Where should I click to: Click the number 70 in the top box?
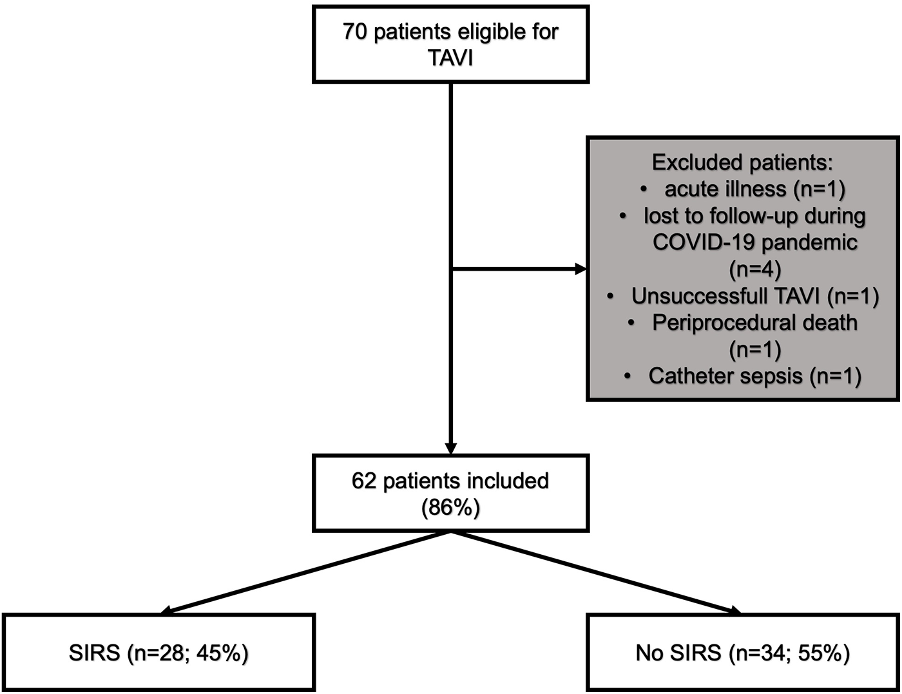tap(355, 32)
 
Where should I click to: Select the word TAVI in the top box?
tap(450, 58)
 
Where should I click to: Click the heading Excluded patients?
tap(742, 162)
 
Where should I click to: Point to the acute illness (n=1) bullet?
tap(754, 189)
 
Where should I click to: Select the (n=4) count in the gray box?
tap(754, 269)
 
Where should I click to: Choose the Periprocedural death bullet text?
tap(754, 322)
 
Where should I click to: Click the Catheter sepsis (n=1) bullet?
tap(754, 376)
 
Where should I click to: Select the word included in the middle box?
tap(509, 481)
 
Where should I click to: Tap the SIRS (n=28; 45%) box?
tap(158, 653)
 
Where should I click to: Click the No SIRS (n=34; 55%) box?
tap(742, 653)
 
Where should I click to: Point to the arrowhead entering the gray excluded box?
tap(581, 269)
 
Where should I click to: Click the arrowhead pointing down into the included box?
tap(450, 448)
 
